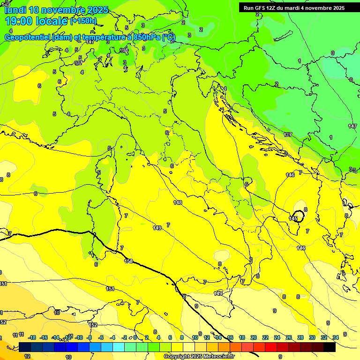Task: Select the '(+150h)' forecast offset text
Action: click(x=83, y=21)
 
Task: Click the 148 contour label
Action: click(x=178, y=202)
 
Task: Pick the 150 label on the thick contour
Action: click(x=128, y=261)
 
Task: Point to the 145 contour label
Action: click(x=293, y=218)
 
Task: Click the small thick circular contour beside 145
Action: click(x=299, y=216)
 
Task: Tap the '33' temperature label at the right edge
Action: click(x=352, y=170)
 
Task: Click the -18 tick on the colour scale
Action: click(x=31, y=337)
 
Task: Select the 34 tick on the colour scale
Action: click(x=335, y=337)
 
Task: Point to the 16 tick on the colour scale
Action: click(x=230, y=337)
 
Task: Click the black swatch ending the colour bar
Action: click(x=330, y=347)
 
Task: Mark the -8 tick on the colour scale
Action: click(x=90, y=337)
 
